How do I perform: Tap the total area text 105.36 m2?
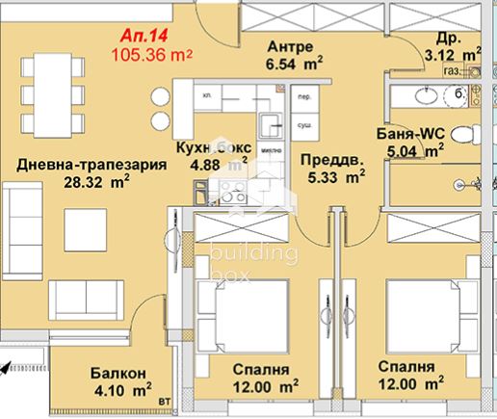click(151, 54)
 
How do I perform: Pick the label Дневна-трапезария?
click(86, 162)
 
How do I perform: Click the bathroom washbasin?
click(421, 94)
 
